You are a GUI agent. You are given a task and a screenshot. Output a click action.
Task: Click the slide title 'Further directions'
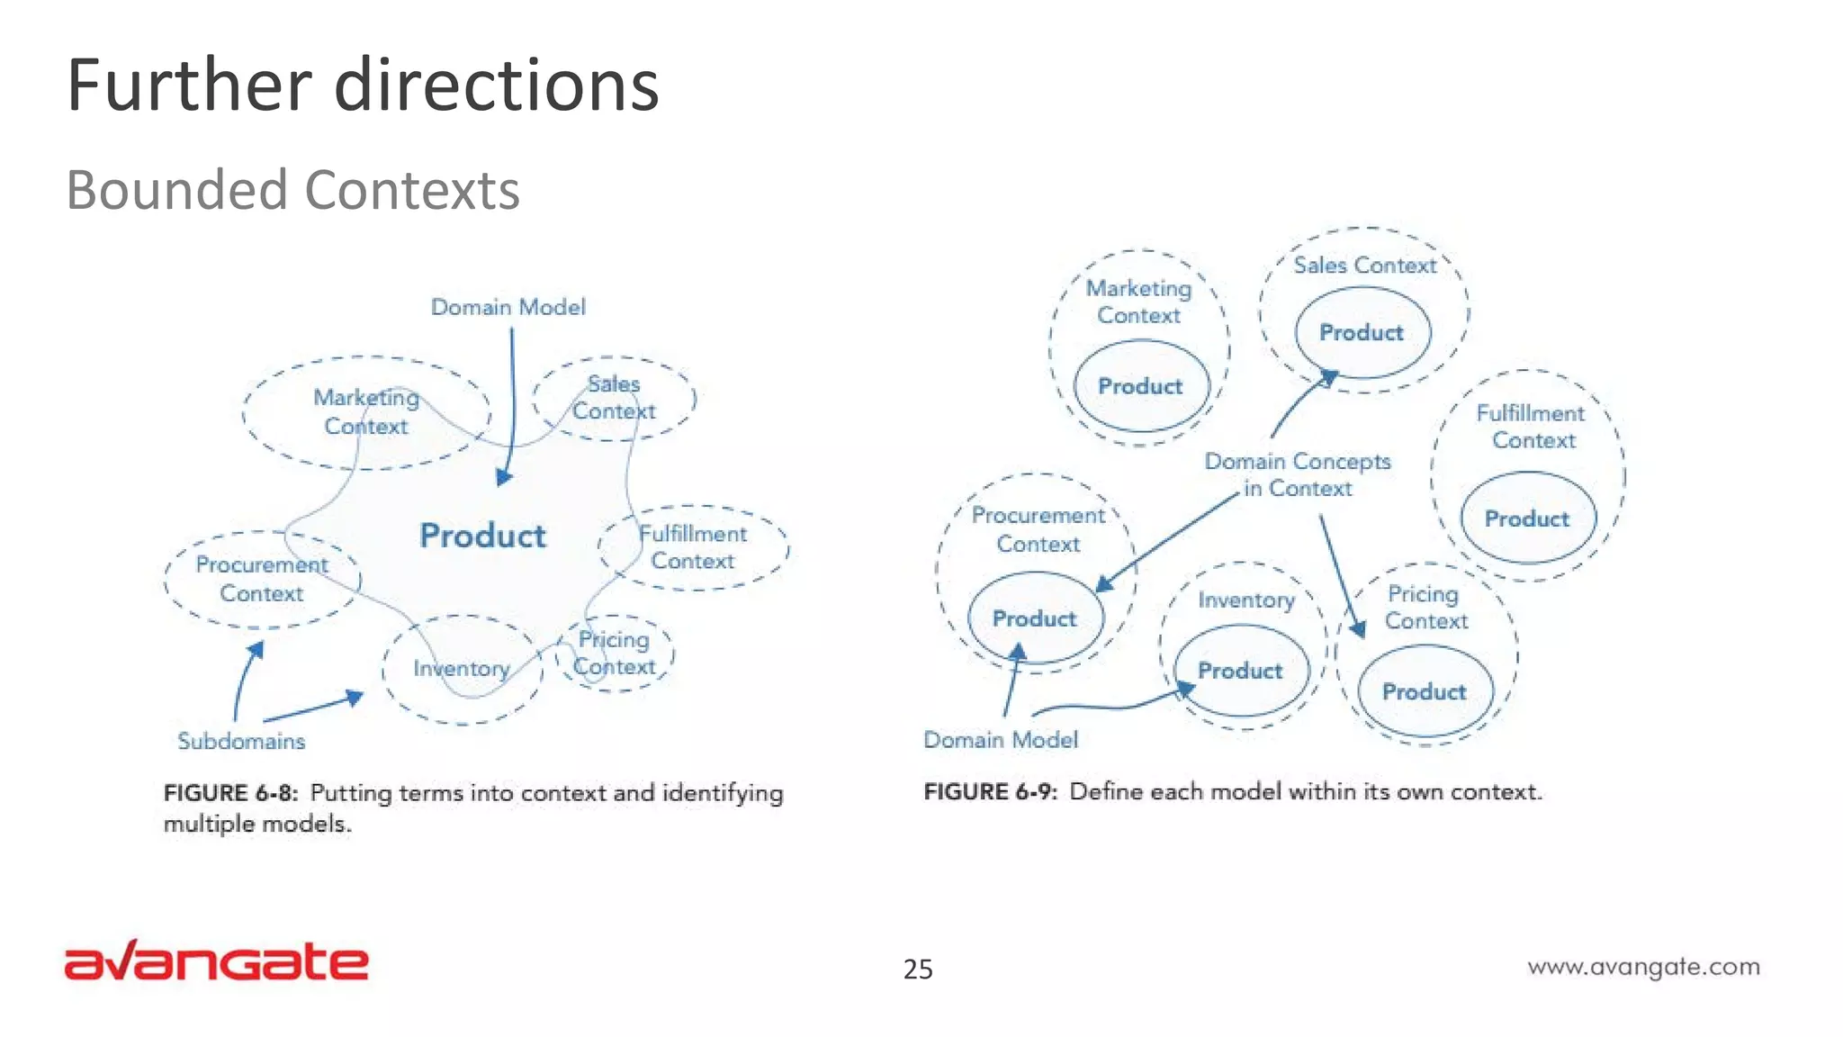pyautogui.click(x=363, y=86)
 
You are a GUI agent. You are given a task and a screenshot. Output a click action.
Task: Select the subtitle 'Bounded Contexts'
pyautogui.click(x=293, y=190)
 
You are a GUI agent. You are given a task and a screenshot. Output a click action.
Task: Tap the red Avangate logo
pyautogui.click(x=216, y=961)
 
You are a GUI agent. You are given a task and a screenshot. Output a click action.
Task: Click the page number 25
pyautogui.click(x=918, y=969)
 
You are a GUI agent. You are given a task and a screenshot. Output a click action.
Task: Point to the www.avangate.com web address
pyautogui.click(x=1643, y=967)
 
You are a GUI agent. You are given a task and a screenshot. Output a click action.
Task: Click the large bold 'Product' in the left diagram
pyautogui.click(x=482, y=536)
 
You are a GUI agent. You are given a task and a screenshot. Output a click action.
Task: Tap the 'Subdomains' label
pyautogui.click(x=241, y=741)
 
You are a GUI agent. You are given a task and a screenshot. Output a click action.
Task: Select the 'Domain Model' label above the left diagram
pyautogui.click(x=508, y=307)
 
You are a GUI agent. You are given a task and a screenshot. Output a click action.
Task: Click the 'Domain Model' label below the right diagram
pyautogui.click(x=1000, y=740)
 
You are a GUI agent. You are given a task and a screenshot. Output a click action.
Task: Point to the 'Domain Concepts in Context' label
pyautogui.click(x=1298, y=474)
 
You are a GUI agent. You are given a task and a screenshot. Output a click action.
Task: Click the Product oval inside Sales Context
pyautogui.click(x=1362, y=332)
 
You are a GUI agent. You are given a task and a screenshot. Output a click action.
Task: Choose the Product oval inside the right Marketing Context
pyautogui.click(x=1140, y=386)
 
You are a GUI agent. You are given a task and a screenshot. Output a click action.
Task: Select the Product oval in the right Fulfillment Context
pyautogui.click(x=1527, y=518)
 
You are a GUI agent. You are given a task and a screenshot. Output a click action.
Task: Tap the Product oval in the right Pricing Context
pyautogui.click(x=1425, y=691)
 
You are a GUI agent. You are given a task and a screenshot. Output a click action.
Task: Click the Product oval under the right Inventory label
pyautogui.click(x=1240, y=671)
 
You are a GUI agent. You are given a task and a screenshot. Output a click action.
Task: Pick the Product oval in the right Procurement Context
pyautogui.click(x=1035, y=618)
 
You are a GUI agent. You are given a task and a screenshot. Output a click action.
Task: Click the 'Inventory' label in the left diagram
pyautogui.click(x=462, y=668)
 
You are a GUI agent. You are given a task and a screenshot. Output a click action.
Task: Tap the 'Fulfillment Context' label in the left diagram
pyautogui.click(x=693, y=547)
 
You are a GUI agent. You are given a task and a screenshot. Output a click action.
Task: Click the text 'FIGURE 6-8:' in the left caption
pyautogui.click(x=230, y=793)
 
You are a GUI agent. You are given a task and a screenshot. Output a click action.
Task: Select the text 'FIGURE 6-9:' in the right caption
pyautogui.click(x=991, y=792)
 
